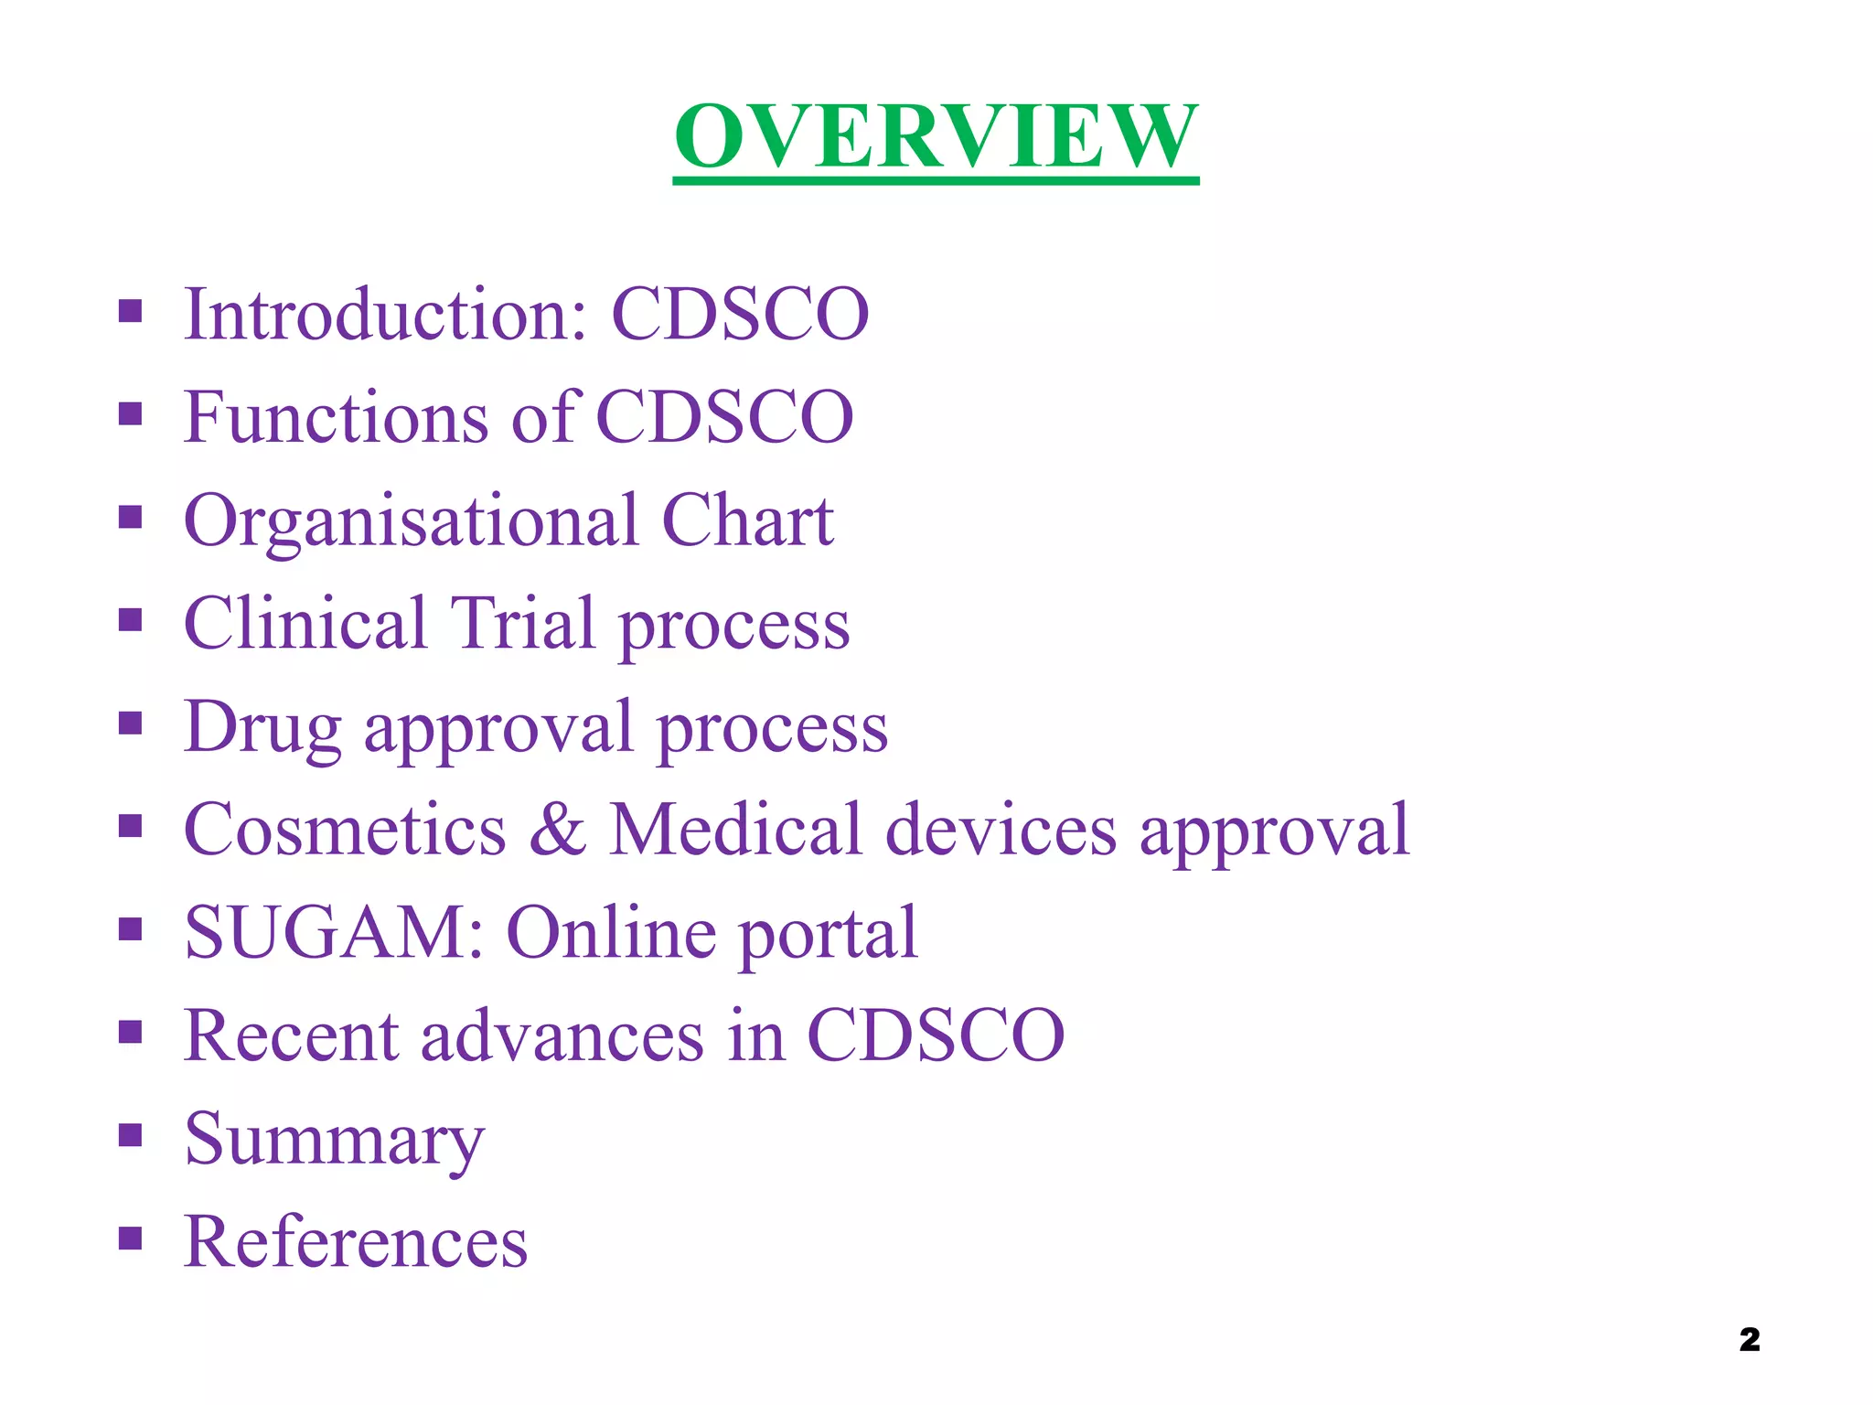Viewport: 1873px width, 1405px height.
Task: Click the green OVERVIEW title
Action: click(x=936, y=137)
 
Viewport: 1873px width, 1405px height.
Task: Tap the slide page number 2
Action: click(x=1749, y=1339)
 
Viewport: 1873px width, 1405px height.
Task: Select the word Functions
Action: click(x=336, y=417)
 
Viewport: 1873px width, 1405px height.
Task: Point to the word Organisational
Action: click(x=411, y=521)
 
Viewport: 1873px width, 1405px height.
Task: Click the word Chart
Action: click(x=746, y=520)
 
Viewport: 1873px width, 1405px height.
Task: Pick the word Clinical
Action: click(x=305, y=624)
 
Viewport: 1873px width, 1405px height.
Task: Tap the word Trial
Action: click(x=522, y=624)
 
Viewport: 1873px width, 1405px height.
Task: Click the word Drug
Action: click(x=262, y=728)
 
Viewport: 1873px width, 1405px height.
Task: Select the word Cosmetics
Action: click(x=345, y=831)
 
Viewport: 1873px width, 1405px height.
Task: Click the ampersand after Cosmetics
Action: click(x=557, y=831)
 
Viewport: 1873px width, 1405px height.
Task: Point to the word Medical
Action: click(x=736, y=831)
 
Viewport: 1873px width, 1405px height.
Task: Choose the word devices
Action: click(x=1001, y=831)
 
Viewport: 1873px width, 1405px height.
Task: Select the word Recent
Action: click(x=291, y=1036)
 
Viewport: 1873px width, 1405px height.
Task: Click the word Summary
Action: click(x=334, y=1141)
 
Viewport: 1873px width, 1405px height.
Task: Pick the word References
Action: click(x=356, y=1242)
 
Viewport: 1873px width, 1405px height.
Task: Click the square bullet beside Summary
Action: click(x=131, y=1135)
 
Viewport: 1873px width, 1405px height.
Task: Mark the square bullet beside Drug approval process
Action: click(x=131, y=724)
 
